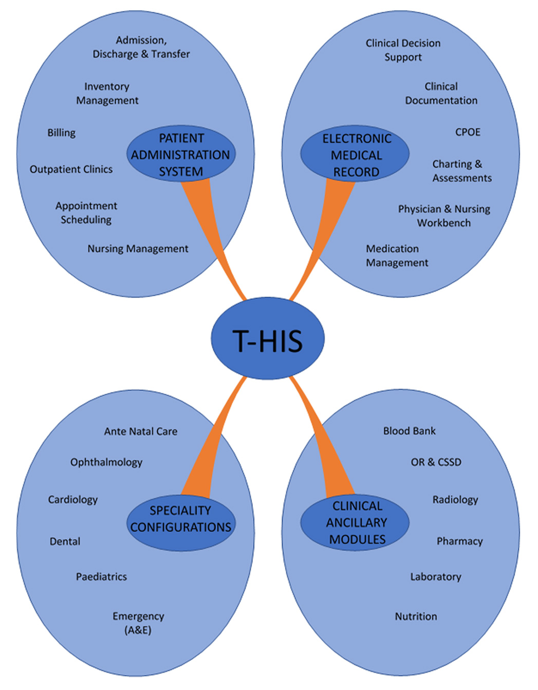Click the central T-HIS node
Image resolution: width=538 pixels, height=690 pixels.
coord(268,339)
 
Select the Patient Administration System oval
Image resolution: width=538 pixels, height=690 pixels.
coord(181,154)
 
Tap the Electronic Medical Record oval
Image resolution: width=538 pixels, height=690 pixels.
coord(356,155)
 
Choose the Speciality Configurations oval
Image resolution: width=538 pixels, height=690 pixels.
coord(181,519)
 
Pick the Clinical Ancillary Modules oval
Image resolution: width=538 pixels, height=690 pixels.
coord(356,522)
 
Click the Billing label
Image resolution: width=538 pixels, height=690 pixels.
coord(61,133)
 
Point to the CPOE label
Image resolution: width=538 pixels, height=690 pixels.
coord(468,132)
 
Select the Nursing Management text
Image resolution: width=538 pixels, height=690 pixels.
coord(138,249)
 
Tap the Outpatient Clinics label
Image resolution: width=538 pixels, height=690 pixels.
coord(71,169)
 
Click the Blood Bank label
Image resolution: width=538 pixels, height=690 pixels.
coord(409,431)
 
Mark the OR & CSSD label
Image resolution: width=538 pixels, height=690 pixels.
coord(436,462)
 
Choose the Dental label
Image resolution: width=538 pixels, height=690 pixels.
coord(65,541)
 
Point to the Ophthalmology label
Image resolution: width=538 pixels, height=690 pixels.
coord(106,462)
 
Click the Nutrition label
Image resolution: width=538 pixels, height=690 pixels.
coord(416,616)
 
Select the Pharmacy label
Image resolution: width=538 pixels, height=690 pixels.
coord(459,541)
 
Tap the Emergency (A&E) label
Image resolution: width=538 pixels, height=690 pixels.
coord(138,623)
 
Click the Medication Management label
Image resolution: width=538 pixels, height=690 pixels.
coord(397,256)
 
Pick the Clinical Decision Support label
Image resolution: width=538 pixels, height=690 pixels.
coord(403,50)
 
